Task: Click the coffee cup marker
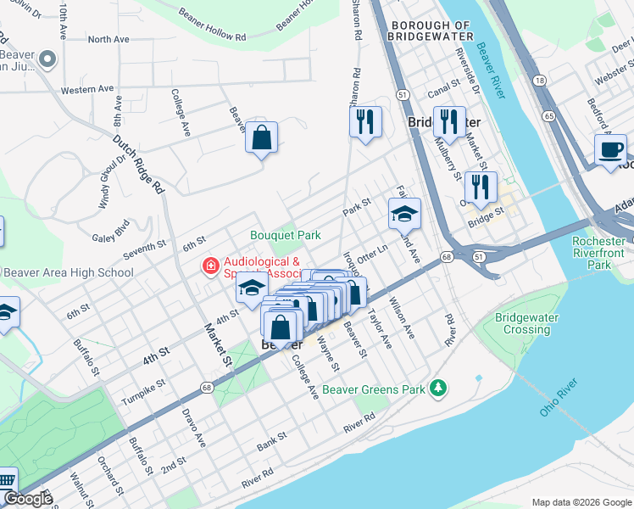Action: click(x=610, y=150)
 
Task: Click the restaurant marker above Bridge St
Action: click(x=481, y=187)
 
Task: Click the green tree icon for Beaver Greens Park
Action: click(x=438, y=388)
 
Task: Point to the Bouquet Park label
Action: click(x=285, y=234)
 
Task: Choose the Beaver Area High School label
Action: click(x=69, y=272)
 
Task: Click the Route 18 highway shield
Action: click(x=539, y=79)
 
